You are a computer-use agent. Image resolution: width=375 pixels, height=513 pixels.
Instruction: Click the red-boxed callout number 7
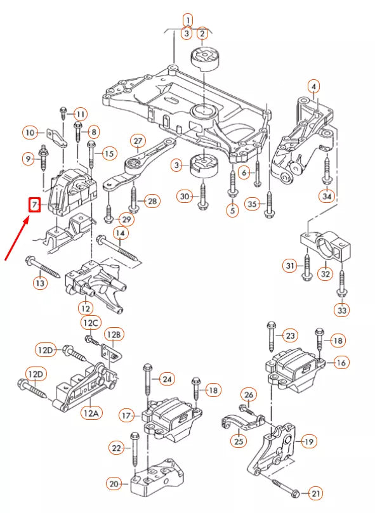click(34, 205)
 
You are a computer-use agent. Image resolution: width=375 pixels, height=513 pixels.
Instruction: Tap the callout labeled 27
click(138, 141)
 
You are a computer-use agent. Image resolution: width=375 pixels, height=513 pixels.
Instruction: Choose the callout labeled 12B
click(114, 334)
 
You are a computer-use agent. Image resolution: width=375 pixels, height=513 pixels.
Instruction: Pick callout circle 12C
click(90, 323)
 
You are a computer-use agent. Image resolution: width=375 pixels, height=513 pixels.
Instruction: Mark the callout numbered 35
click(253, 204)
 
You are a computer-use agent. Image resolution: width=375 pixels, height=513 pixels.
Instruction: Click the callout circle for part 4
click(313, 86)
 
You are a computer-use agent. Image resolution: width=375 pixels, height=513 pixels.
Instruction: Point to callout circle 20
click(114, 484)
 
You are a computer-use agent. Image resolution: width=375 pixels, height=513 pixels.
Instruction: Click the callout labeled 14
click(120, 233)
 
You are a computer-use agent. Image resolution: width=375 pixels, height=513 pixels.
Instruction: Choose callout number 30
click(185, 197)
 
